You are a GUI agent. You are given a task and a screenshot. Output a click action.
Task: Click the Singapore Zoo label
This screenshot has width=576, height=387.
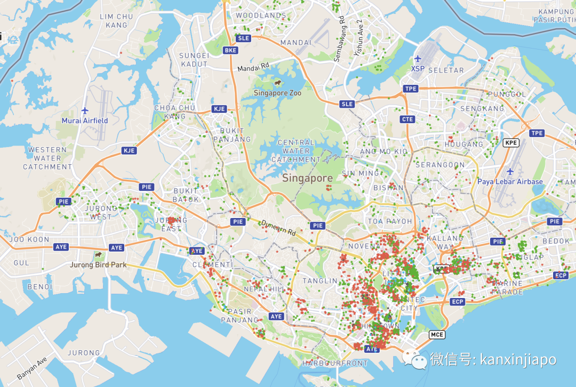(x=277, y=93)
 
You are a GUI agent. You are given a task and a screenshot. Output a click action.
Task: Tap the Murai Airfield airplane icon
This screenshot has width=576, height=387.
(x=85, y=110)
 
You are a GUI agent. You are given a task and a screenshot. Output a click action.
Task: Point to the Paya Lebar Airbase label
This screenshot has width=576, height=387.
(x=510, y=182)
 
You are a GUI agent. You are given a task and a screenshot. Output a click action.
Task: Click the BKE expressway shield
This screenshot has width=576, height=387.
(x=230, y=50)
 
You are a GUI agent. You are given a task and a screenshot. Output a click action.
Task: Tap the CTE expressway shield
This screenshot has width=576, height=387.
(x=407, y=119)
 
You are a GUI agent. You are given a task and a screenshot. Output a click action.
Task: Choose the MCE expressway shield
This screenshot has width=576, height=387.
(x=436, y=335)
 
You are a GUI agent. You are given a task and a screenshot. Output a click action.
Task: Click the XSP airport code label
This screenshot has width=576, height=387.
(x=418, y=69)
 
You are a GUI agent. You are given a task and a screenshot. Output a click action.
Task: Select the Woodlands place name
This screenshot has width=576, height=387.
(x=261, y=16)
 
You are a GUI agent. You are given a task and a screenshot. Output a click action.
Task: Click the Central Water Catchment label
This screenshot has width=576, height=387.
(x=296, y=151)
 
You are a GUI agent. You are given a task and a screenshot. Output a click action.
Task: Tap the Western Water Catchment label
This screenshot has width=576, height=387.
(x=47, y=158)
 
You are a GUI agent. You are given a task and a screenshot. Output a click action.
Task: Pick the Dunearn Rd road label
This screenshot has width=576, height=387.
(x=278, y=228)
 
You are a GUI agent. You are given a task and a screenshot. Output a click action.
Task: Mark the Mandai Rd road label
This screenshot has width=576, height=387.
(x=253, y=68)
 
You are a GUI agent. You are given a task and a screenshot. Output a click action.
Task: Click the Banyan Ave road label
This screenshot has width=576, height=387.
(x=33, y=368)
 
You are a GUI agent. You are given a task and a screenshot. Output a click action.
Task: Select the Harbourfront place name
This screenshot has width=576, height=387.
(x=334, y=364)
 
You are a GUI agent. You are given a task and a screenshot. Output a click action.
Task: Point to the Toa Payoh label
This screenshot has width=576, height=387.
(x=389, y=221)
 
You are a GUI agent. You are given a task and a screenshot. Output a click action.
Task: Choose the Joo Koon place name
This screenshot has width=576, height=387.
(x=29, y=240)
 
